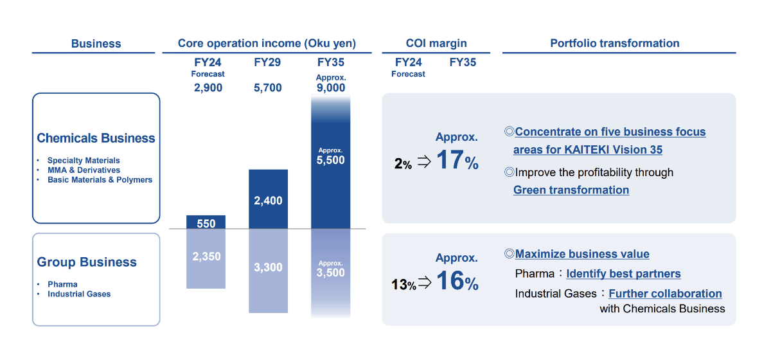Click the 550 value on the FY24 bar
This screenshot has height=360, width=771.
pos(206,224)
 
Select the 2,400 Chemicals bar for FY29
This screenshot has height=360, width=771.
pos(268,201)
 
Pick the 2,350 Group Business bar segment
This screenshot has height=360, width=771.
pos(206,256)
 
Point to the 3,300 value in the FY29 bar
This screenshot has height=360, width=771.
pos(268,267)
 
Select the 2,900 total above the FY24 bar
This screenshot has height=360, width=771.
pos(208,87)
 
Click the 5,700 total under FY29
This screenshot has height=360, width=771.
pos(268,87)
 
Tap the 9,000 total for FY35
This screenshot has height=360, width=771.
pos(331,87)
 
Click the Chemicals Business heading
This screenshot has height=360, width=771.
pos(96,138)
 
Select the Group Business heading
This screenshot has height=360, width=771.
pos(87,262)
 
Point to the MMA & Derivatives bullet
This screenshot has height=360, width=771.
pos(84,170)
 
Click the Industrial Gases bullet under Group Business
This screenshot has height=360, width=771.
pos(79,294)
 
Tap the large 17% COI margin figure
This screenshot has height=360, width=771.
pos(457,161)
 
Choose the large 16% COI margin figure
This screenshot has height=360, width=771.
pos(457,282)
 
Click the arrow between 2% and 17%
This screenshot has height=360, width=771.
pos(423,162)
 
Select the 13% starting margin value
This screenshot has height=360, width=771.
pos(403,283)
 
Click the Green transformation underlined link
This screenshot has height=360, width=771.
pos(571,190)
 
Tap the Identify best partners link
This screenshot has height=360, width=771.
pos(623,274)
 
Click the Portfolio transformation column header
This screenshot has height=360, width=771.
pos(615,43)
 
